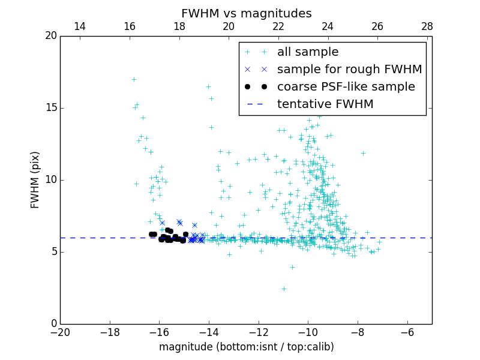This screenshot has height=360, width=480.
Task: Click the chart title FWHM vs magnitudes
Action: (x=246, y=13)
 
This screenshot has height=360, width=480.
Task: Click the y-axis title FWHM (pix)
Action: (x=35, y=180)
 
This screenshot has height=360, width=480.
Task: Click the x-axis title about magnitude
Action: (x=246, y=347)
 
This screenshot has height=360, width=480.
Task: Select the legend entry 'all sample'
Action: (x=308, y=52)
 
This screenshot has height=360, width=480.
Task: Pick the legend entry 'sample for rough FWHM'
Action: (x=349, y=70)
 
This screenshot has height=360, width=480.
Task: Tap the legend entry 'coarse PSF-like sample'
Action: (x=346, y=87)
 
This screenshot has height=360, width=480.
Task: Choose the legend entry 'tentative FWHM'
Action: (x=325, y=104)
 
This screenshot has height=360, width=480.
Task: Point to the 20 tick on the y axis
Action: (x=51, y=36)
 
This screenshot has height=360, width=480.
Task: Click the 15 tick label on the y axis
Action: (x=51, y=108)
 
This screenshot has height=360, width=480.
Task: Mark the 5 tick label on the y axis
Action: (x=53, y=252)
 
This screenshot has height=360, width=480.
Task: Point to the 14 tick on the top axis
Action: (x=80, y=26)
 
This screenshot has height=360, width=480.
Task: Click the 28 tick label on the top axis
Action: (x=427, y=26)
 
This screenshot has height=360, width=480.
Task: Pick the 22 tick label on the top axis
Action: (x=278, y=26)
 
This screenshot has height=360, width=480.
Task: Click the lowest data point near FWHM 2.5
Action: (x=284, y=289)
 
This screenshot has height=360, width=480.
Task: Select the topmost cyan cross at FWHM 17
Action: (x=134, y=79)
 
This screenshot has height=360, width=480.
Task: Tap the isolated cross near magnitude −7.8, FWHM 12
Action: (x=363, y=153)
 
